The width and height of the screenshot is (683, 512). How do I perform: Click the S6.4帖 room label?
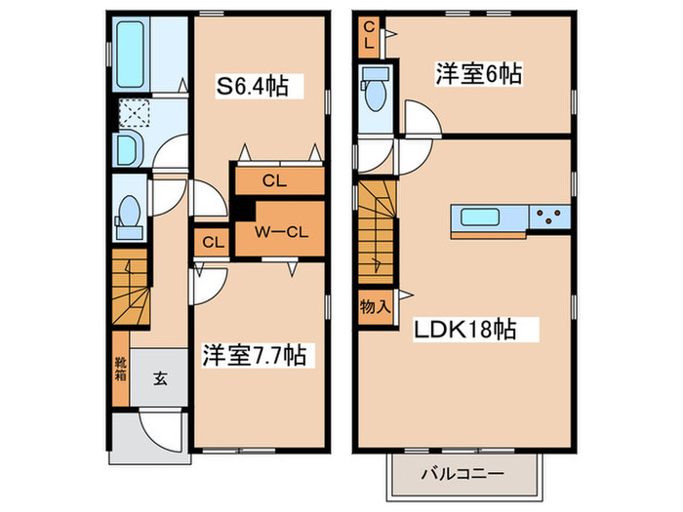252,86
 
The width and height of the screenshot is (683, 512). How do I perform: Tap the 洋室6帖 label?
478,73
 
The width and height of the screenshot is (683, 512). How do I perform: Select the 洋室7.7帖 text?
255,355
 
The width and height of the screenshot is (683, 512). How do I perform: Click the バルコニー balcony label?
462,475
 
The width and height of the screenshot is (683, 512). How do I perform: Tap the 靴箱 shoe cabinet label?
119,371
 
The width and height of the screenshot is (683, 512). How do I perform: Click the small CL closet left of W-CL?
210,242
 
